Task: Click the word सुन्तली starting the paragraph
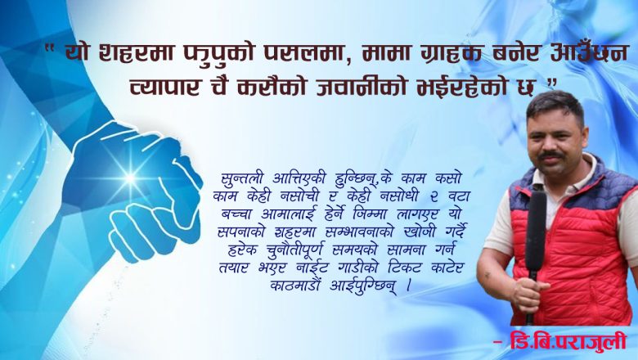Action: tap(243, 178)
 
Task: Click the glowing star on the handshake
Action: tap(129, 176)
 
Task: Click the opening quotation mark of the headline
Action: tap(50, 51)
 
